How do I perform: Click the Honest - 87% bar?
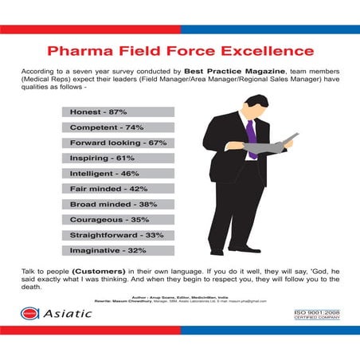(117, 112)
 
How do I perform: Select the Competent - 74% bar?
(117, 127)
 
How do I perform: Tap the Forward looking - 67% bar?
(117, 143)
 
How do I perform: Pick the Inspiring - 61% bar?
(117, 158)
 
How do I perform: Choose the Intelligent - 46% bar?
(117, 174)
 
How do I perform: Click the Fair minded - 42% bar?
(117, 190)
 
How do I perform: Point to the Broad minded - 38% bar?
(117, 205)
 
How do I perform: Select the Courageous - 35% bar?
(117, 220)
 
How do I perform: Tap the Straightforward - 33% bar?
(117, 236)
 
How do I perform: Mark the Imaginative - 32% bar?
(117, 251)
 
